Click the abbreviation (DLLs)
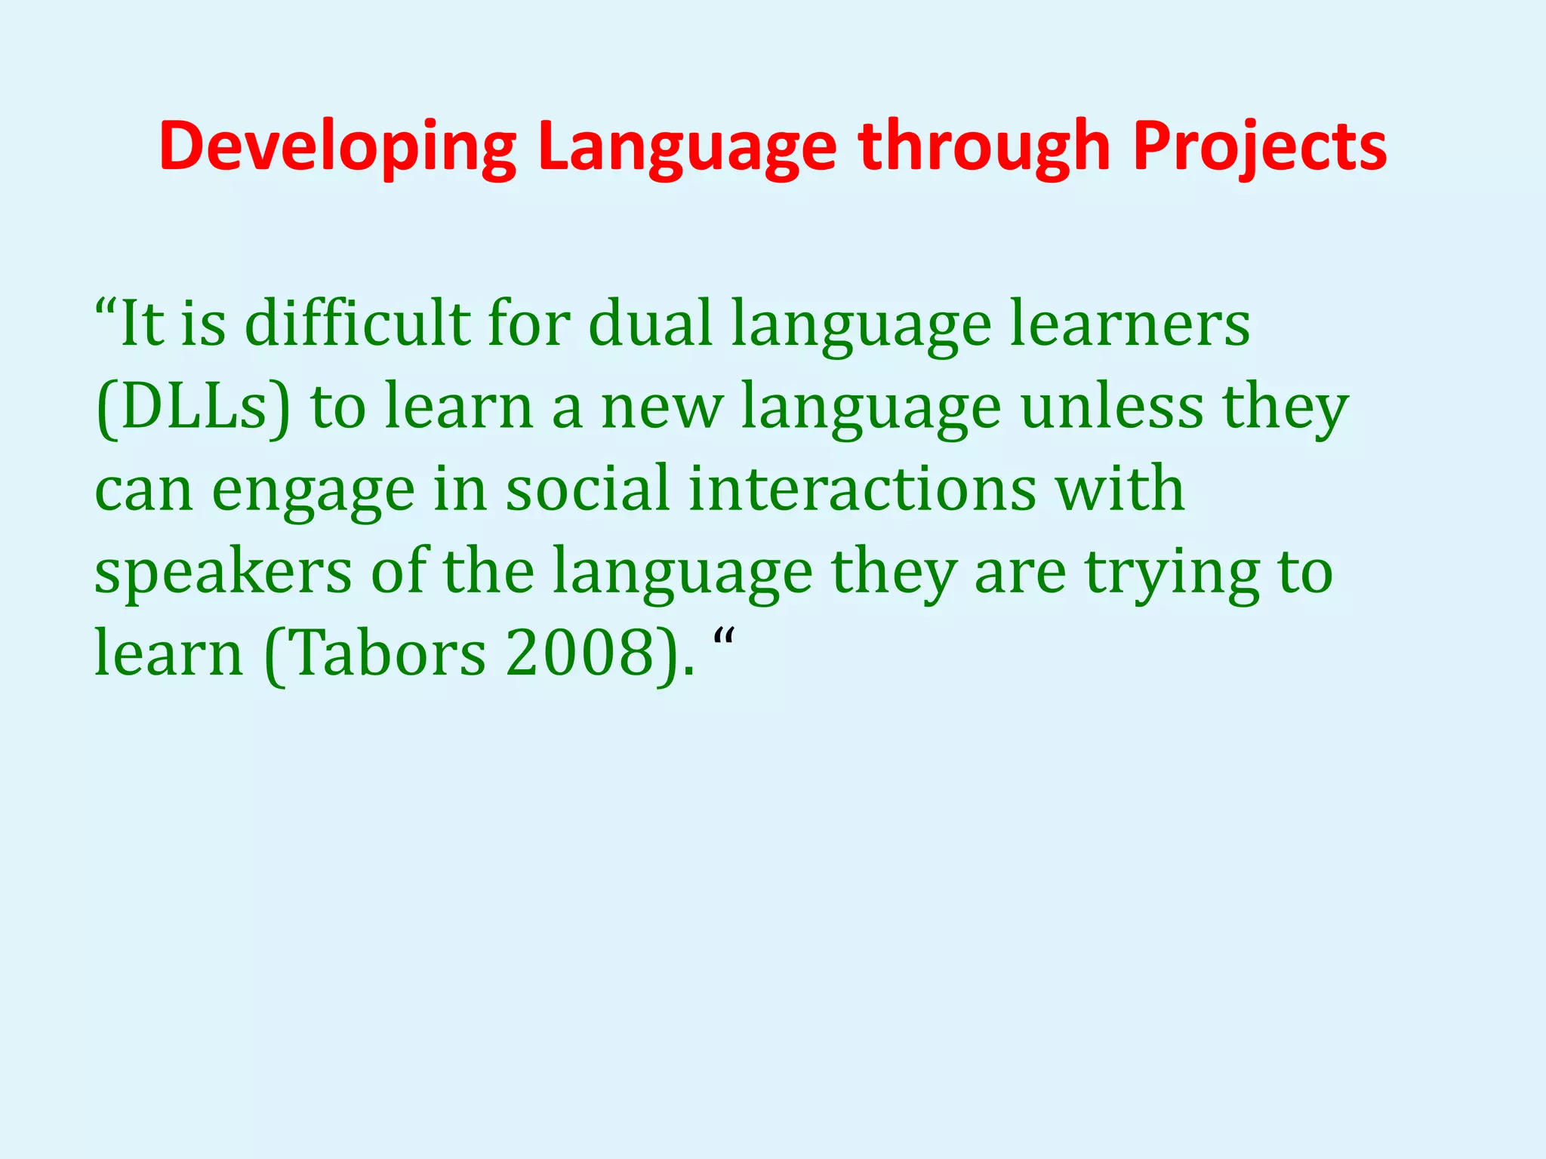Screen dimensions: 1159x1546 (192, 407)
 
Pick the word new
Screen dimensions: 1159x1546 (661, 407)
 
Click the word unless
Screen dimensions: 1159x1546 (1111, 407)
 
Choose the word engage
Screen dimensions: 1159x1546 (313, 490)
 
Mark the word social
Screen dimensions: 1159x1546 (587, 490)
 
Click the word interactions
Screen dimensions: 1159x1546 (862, 490)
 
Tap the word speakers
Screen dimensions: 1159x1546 (223, 573)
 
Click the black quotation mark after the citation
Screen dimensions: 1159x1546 (724, 641)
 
